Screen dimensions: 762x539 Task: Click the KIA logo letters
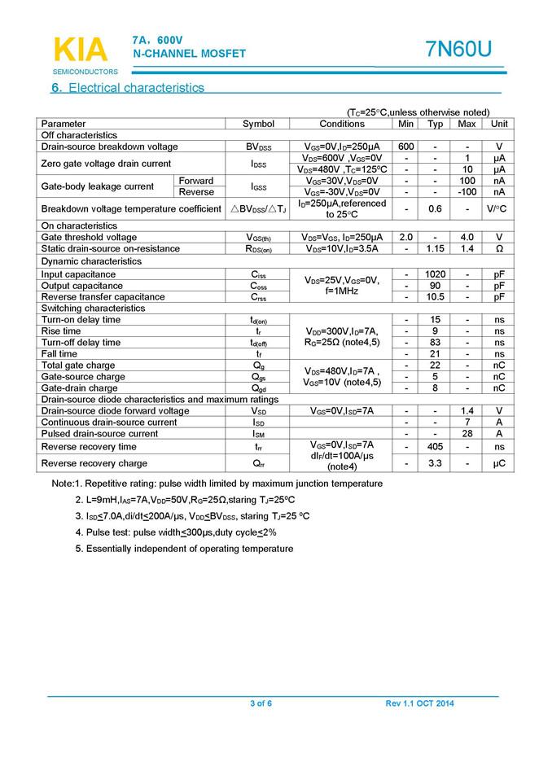click(80, 50)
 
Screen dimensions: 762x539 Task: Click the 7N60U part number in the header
click(458, 50)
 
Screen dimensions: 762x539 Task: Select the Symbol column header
click(259, 124)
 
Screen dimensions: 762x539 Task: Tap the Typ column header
click(436, 124)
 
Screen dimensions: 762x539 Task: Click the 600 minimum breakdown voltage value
click(406, 147)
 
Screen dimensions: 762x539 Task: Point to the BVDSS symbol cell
click(259, 147)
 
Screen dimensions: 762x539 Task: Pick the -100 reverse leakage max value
click(467, 192)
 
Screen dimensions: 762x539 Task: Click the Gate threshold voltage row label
click(90, 237)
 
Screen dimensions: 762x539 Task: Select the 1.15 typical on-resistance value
click(436, 248)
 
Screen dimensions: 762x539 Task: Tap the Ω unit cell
click(499, 248)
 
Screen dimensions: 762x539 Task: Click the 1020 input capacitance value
click(436, 274)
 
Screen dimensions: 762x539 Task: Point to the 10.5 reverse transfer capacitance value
click(436, 297)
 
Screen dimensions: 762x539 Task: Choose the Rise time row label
click(61, 331)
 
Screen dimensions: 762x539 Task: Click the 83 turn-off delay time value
click(436, 343)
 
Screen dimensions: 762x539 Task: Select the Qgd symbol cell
click(259, 388)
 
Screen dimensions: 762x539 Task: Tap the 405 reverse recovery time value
click(436, 447)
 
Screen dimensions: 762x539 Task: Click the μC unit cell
click(499, 463)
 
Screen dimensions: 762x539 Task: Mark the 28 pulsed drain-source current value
click(467, 434)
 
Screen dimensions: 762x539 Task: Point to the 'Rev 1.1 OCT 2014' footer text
click(420, 703)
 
